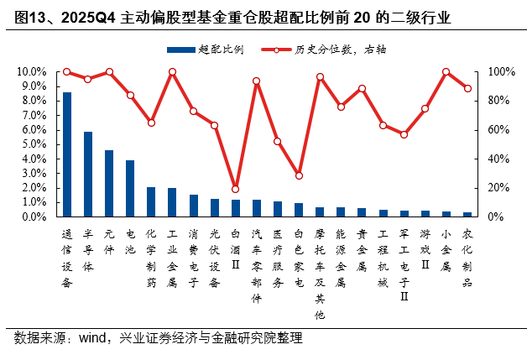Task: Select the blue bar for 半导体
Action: pyautogui.click(x=88, y=174)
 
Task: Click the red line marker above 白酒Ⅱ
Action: pyautogui.click(x=235, y=189)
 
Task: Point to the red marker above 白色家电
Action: pyautogui.click(x=299, y=175)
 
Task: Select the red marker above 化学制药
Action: pyautogui.click(x=151, y=123)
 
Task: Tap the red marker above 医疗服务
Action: pyautogui.click(x=278, y=141)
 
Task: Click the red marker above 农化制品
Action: pyautogui.click(x=467, y=88)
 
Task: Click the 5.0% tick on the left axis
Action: pyautogui.click(x=34, y=144)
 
